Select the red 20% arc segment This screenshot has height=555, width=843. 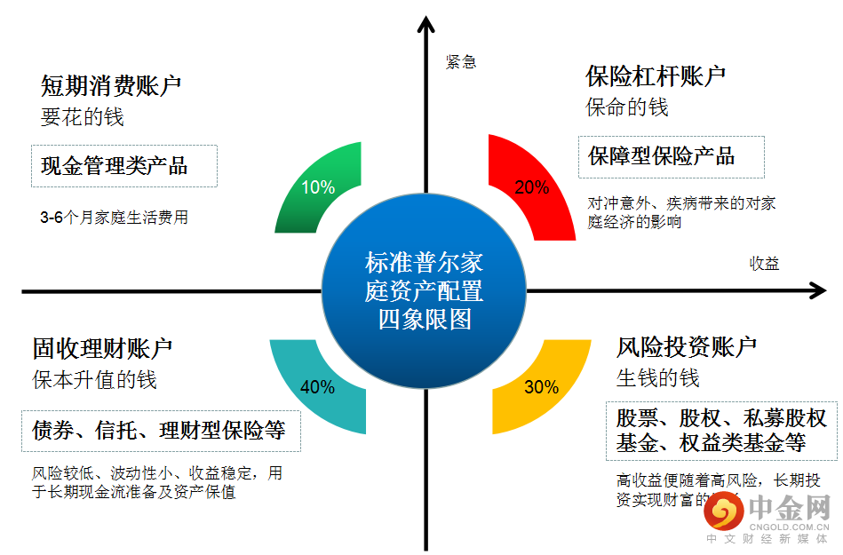(531, 188)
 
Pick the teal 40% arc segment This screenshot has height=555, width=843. (317, 387)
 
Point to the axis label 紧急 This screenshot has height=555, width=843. (461, 61)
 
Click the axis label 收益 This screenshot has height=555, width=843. (764, 263)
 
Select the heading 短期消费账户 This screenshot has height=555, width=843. (111, 86)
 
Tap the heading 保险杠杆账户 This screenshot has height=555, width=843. (656, 76)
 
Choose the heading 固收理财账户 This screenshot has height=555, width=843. (103, 349)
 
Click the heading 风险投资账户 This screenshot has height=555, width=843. (687, 346)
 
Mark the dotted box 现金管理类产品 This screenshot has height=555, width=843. (124, 166)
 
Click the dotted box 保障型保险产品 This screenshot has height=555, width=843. (671, 157)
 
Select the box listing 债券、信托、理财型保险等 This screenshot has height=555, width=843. (160, 432)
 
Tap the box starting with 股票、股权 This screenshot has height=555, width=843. (721, 431)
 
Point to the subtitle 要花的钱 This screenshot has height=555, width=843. (82, 116)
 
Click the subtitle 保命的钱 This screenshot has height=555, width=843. (626, 107)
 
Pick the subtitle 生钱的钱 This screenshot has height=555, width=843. (657, 377)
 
